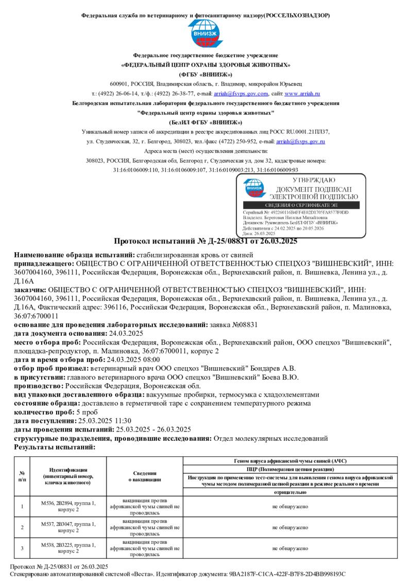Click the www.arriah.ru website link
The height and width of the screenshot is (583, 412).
pos(302,94)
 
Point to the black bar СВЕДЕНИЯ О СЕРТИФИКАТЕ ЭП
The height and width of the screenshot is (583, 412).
pos(301,205)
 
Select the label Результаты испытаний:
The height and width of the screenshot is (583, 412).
pos(55,447)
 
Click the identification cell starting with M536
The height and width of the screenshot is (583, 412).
pos(68,506)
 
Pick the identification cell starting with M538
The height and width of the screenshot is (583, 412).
pos(68,548)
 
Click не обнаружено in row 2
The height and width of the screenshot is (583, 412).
pos(290,527)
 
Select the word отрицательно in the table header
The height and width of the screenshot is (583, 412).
pos(290,492)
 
